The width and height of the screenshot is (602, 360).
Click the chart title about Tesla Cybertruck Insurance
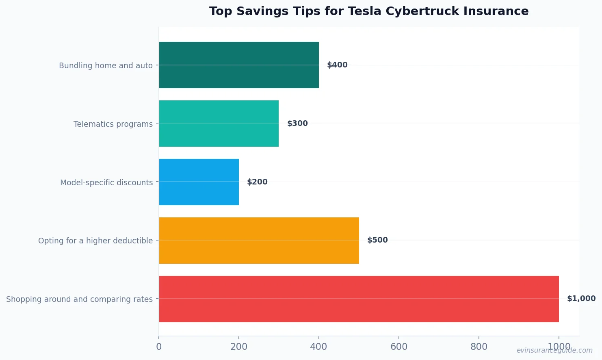[369, 11]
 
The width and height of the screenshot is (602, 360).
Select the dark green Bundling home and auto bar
[239, 65]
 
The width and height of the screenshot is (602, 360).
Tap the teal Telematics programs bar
[219, 124]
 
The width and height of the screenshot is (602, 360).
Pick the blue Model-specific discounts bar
[199, 182]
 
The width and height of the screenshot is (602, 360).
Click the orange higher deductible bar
[259, 241]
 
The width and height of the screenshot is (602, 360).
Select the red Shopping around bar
[359, 299]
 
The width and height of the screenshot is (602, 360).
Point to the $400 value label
[337, 65]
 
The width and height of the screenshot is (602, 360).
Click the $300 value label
[297, 124]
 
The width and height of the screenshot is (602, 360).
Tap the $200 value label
[257, 182]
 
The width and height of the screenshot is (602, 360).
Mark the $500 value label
[377, 240]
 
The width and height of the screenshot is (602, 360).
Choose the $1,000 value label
[581, 299]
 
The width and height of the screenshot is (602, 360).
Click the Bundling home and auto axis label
[106, 65]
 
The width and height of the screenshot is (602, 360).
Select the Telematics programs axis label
[113, 124]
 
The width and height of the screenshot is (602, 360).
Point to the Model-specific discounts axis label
[106, 182]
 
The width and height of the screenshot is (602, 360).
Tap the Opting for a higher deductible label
[95, 241]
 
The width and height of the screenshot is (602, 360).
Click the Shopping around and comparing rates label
[79, 299]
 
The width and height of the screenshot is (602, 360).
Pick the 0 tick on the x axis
[159, 347]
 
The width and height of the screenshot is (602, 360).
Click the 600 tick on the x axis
[399, 347]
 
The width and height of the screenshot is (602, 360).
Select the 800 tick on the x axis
[479, 347]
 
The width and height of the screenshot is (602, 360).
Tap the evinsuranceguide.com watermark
[554, 350]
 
